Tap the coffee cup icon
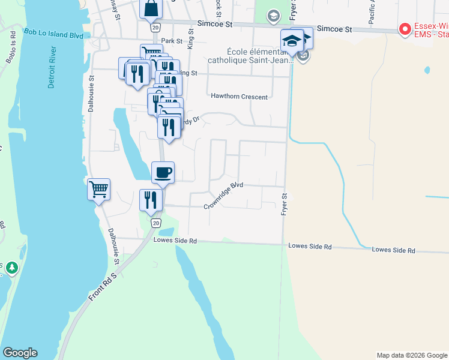(x=163, y=173)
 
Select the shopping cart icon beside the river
(x=98, y=190)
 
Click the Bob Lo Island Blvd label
(x=53, y=33)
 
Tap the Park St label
(x=171, y=41)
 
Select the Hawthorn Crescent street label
(x=239, y=96)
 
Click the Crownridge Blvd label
(x=223, y=196)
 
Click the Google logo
(x=20, y=353)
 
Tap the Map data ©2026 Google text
(x=412, y=355)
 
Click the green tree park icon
(x=10, y=268)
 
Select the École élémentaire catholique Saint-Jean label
(x=250, y=56)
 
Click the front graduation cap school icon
(x=292, y=41)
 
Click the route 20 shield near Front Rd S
(x=155, y=223)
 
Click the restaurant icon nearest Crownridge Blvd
(x=151, y=200)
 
